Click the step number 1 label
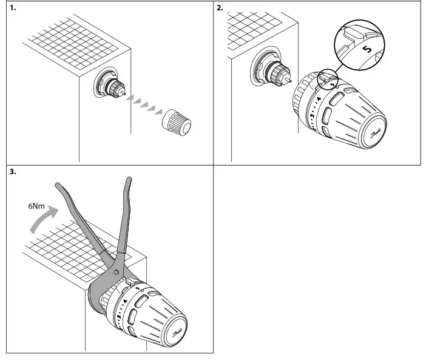click(12, 8)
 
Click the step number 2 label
click(220, 8)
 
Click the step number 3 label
click(12, 172)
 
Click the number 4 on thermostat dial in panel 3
click(124, 300)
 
